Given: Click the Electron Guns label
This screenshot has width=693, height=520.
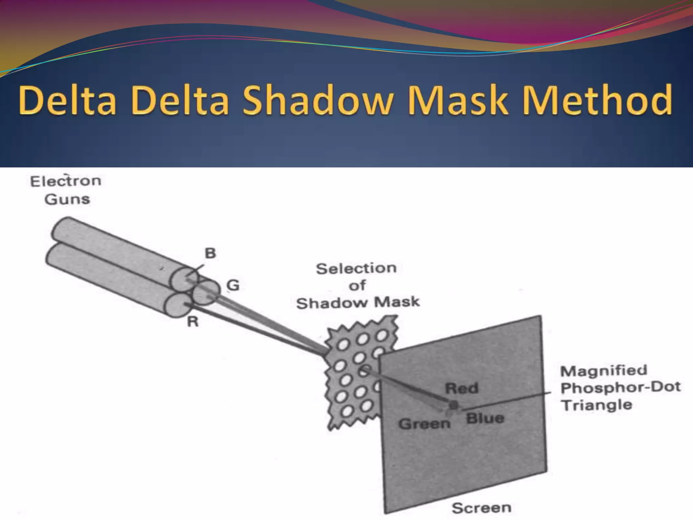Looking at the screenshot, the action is [66, 190].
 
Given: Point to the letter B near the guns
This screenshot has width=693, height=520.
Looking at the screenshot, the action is [210, 253].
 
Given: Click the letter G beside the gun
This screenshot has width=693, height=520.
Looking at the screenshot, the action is [233, 285].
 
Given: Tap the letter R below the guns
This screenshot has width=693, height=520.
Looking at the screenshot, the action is [193, 322].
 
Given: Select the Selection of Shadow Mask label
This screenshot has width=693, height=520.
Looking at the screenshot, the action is [357, 286].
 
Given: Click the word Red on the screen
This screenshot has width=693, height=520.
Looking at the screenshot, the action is [462, 388].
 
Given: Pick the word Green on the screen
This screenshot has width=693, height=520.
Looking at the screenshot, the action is [424, 424].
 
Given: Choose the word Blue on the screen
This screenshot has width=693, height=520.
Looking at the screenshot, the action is [485, 418].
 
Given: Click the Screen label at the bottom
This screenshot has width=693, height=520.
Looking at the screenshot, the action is [481, 508].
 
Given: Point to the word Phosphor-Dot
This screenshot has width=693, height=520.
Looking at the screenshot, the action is [621, 387].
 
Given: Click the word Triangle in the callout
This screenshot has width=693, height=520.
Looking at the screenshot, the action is [596, 405].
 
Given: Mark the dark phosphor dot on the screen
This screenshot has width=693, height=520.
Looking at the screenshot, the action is [453, 405].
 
